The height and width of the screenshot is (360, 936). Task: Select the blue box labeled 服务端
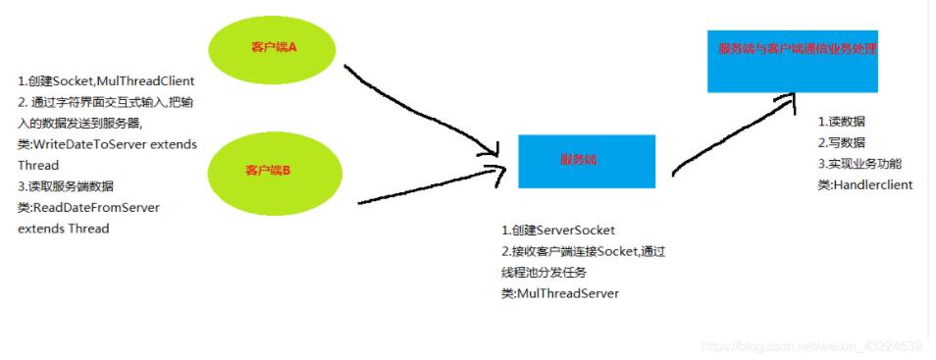click(586, 161)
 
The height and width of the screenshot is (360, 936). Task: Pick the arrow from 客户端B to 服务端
click(432, 189)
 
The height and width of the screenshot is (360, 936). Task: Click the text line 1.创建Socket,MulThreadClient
click(106, 80)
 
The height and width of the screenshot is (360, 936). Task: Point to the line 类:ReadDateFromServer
click(88, 207)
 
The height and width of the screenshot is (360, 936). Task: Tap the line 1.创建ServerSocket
click(557, 231)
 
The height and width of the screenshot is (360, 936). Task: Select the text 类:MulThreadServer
click(560, 293)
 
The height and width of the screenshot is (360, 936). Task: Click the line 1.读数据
click(842, 122)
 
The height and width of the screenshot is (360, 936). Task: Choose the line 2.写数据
click(842, 142)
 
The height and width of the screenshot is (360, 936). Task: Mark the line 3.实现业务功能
click(859, 164)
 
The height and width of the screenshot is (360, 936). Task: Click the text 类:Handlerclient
click(865, 184)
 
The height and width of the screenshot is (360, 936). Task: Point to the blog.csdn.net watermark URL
click(812, 346)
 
